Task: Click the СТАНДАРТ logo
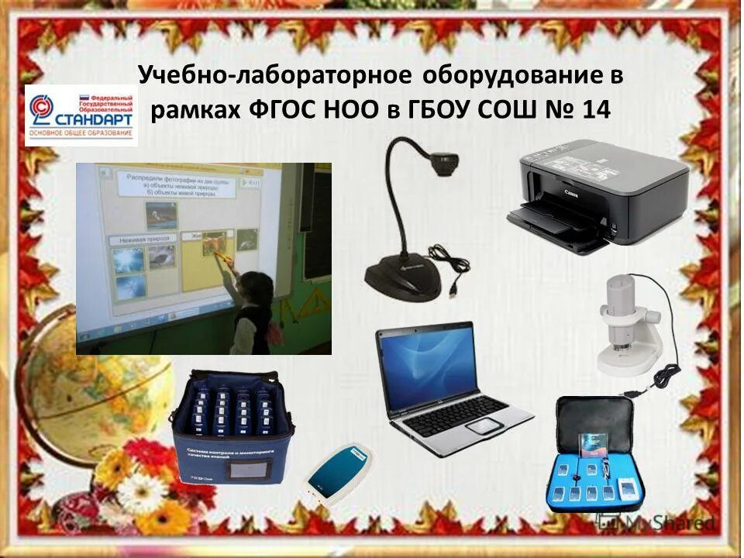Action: (x=81, y=115)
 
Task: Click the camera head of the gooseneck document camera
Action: (x=443, y=160)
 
